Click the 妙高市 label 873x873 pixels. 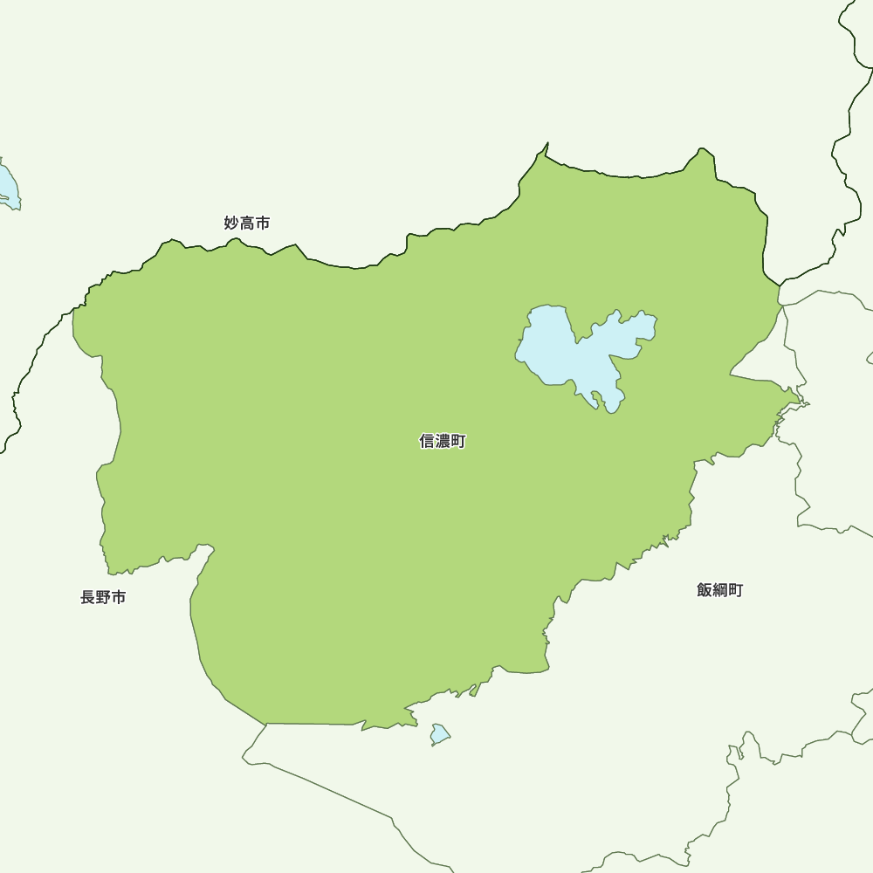(247, 223)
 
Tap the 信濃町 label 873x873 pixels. (443, 442)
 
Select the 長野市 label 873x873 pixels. (103, 598)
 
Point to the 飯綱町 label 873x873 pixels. (720, 590)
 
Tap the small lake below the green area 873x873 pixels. (439, 734)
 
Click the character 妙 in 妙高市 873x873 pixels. (231, 223)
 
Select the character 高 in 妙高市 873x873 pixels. (247, 223)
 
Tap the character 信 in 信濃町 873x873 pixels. (427, 442)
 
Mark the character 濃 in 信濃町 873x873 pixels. (443, 442)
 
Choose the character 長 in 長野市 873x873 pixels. (87, 598)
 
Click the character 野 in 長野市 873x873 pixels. (103, 598)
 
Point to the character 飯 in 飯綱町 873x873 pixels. (705, 590)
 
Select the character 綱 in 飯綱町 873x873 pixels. (720, 590)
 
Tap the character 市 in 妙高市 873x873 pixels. (263, 223)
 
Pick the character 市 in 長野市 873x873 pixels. (119, 598)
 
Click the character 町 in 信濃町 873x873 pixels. (458, 442)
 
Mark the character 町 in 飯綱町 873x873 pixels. (736, 590)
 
